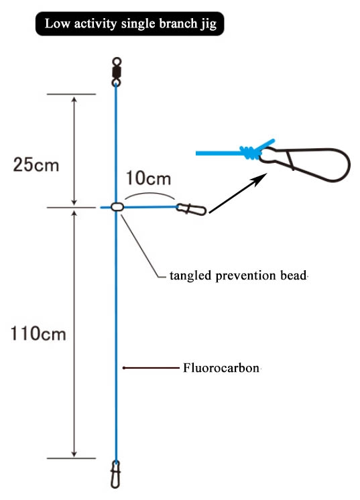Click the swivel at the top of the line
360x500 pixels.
[117, 72]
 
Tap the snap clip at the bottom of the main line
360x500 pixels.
[116, 475]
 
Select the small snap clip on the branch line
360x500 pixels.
[191, 209]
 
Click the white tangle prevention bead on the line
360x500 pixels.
[117, 207]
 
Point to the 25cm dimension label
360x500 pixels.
[36, 165]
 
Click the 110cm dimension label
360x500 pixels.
[38, 334]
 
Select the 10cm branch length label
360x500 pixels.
[148, 178]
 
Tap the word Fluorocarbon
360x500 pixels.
[221, 368]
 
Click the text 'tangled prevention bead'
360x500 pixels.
[238, 275]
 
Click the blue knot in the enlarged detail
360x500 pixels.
[249, 152]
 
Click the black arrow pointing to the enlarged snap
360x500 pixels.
[238, 193]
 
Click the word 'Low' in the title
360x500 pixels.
[58, 23]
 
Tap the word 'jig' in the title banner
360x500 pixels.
[209, 25]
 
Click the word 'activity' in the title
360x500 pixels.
[95, 24]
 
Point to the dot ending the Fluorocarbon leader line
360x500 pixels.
[124, 368]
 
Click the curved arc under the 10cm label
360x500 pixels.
[149, 193]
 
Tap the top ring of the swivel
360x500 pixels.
[117, 61]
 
